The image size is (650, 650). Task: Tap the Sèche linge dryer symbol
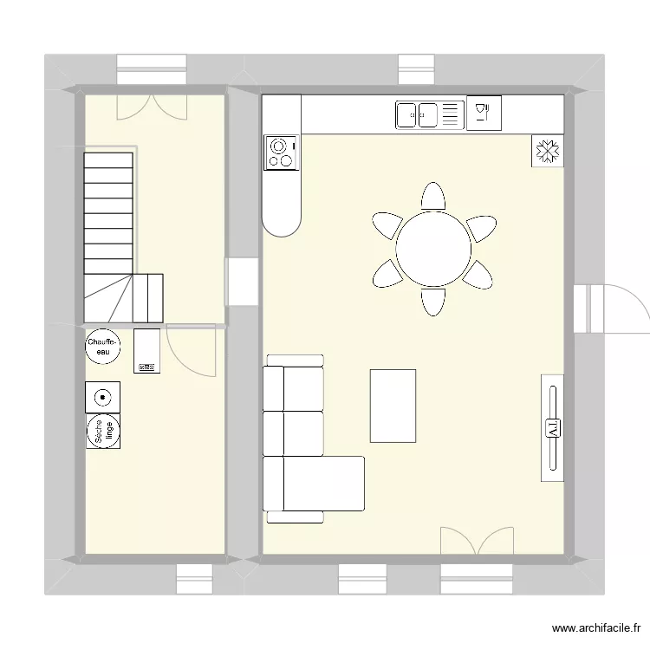104,432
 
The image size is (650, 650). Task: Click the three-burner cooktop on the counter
281,153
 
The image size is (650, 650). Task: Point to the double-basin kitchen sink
418,114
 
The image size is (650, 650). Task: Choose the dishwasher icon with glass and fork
484,113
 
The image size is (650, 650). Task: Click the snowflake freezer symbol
547,151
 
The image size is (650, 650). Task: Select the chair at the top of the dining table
433,197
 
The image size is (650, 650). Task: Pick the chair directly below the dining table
433,302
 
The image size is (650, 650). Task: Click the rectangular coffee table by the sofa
393,406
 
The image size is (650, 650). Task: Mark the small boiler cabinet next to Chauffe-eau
146,351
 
